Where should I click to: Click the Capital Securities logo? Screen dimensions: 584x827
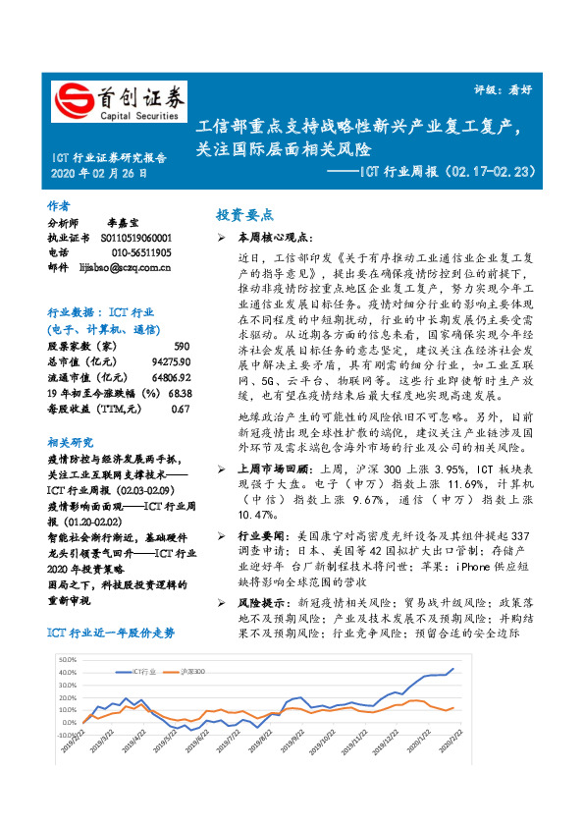(x=117, y=100)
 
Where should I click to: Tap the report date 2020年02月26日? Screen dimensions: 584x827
(x=99, y=173)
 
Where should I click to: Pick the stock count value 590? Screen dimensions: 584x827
(x=181, y=347)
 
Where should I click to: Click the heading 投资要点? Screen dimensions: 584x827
(x=244, y=214)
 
